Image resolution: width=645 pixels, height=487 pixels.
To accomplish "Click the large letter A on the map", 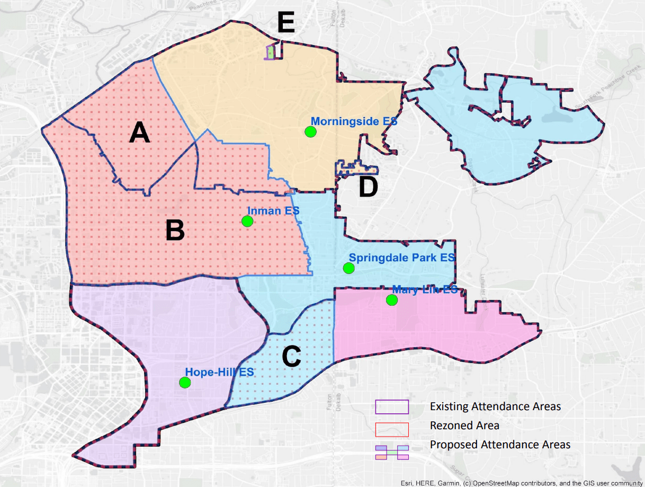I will (140, 132).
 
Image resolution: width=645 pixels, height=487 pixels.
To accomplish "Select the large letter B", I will (175, 231).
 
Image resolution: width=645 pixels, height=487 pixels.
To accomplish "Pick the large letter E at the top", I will (286, 23).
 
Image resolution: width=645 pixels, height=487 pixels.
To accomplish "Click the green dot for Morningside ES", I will (310, 132).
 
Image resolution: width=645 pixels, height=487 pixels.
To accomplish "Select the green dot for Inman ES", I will (247, 221).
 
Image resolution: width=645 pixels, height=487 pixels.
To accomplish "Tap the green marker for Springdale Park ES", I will (348, 268).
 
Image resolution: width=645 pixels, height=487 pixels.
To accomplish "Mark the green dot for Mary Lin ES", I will (391, 300).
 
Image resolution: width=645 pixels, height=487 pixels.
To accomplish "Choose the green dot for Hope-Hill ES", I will (185, 382).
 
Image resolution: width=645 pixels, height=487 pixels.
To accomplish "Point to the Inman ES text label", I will (273, 211).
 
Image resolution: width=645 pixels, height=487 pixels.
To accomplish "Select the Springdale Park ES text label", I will (402, 258).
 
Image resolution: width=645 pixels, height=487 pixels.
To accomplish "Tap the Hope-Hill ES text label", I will (220, 372).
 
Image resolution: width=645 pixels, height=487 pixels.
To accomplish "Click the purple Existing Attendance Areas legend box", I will (392, 406).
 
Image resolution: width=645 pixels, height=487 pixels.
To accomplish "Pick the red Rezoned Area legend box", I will (392, 429).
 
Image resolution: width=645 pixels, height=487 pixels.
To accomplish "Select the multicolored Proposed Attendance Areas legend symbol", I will (392, 452).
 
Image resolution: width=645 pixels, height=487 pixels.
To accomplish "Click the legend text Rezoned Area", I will (464, 425).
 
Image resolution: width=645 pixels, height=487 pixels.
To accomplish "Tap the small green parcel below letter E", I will (271, 52).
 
